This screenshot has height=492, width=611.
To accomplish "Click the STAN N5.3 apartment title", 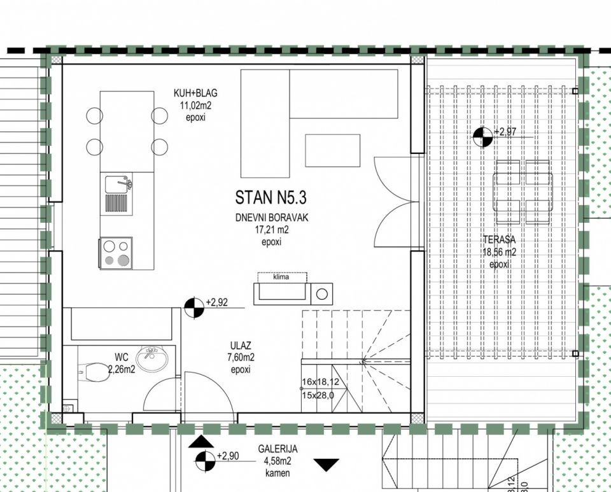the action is point(271,197).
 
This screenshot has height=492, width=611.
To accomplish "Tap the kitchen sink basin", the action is point(117,184).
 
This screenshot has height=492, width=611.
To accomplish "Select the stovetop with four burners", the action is point(116,253).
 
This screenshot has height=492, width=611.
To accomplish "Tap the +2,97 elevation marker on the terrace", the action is point(483,137).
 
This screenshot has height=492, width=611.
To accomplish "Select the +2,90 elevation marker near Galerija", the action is point(205,461).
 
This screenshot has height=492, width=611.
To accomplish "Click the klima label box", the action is point(282,278).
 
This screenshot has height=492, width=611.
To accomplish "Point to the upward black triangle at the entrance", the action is point(201,442).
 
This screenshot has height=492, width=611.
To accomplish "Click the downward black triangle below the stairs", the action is point(327,465).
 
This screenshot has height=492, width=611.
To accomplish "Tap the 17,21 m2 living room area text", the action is point(272,230).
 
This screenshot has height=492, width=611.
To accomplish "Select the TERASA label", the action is point(499,239).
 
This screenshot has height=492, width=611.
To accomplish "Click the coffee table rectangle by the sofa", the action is point(332,150).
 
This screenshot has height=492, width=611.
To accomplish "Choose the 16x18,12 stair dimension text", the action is point(320,382).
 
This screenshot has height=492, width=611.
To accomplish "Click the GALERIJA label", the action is point(278,449).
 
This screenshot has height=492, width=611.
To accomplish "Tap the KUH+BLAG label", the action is point(195,93).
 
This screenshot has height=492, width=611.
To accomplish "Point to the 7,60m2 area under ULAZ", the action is point(241,357).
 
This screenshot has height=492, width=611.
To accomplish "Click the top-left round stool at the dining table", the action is point(95,116).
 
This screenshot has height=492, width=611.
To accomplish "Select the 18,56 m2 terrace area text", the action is point(499,252).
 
